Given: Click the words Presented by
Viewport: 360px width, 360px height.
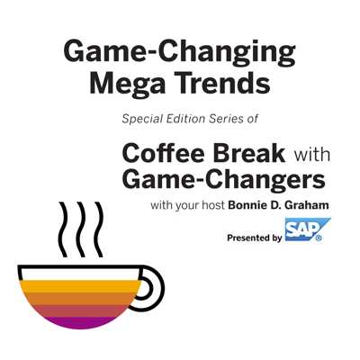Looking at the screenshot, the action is click(x=255, y=238).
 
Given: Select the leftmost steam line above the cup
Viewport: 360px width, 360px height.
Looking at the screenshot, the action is click(x=63, y=229).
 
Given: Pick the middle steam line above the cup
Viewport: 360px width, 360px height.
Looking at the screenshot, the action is click(x=81, y=229).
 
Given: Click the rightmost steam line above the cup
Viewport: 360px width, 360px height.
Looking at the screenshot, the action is click(x=99, y=229).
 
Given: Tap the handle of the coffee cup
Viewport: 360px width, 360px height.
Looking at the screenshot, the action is click(x=154, y=288).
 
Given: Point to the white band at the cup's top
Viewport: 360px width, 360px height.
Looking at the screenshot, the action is click(x=80, y=274).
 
